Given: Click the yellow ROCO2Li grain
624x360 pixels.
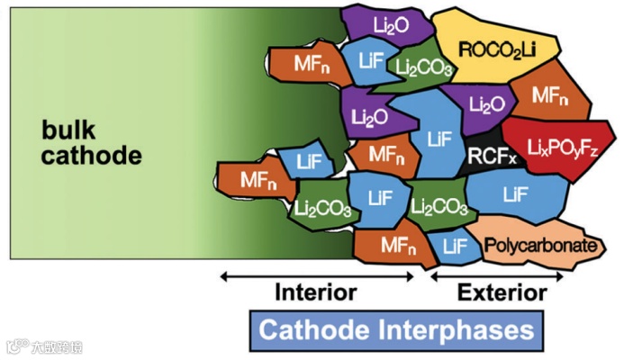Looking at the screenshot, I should [x=496, y=47].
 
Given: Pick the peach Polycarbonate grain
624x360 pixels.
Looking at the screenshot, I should [x=538, y=245].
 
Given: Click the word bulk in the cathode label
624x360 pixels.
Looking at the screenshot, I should [x=68, y=130].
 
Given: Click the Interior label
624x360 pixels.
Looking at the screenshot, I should [x=315, y=292].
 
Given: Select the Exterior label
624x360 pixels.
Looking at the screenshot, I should [x=502, y=292].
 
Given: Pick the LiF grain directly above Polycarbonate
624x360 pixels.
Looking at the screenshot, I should [x=515, y=193].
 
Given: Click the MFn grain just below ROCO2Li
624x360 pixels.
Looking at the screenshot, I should [x=549, y=94].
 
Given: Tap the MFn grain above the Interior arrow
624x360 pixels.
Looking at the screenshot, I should [x=391, y=244].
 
